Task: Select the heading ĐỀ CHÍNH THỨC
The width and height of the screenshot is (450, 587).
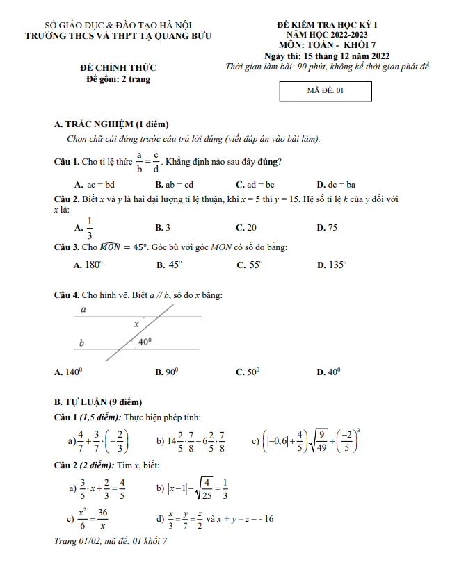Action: pyautogui.click(x=118, y=67)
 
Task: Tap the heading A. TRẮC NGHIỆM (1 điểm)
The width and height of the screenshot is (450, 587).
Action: pyautogui.click(x=111, y=124)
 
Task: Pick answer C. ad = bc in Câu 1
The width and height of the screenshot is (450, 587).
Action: pyautogui.click(x=255, y=185)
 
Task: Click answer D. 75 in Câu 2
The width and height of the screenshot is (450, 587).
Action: pyautogui.click(x=327, y=228)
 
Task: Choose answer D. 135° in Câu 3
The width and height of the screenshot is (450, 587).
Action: pyautogui.click(x=332, y=265)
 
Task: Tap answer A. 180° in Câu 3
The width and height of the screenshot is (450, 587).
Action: pyautogui.click(x=88, y=265)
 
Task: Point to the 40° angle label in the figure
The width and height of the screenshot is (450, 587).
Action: pyautogui.click(x=145, y=342)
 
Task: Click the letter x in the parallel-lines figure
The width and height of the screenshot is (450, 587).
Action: pyautogui.click(x=136, y=324)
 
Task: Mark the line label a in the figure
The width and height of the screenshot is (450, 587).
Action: pyautogui.click(x=83, y=310)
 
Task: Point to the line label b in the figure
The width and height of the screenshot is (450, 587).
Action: pyautogui.click(x=81, y=342)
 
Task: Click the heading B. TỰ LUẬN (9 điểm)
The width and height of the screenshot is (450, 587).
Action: pyautogui.click(x=98, y=402)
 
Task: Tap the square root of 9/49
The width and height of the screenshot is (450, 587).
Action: pyautogui.click(x=321, y=440)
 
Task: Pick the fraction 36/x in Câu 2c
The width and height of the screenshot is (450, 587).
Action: pyautogui.click(x=102, y=518)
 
